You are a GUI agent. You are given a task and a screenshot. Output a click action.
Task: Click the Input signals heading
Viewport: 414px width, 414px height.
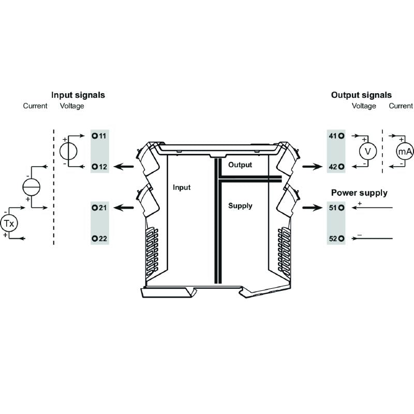pos(78,95)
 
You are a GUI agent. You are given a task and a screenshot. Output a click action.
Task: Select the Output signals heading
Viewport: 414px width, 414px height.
pos(361,95)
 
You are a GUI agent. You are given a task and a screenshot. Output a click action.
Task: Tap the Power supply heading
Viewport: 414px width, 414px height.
pos(359,193)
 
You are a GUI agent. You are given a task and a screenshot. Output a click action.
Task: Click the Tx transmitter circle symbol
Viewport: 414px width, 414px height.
pos(9,224)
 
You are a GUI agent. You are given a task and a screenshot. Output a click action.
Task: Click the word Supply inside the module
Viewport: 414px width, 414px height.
pos(240,206)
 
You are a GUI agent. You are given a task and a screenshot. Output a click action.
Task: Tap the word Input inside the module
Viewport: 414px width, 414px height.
pos(182,187)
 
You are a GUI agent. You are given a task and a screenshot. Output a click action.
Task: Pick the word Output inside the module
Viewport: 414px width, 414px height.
pos(240,165)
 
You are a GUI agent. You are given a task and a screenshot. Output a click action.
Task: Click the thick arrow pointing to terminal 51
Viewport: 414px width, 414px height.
pos(311,208)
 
